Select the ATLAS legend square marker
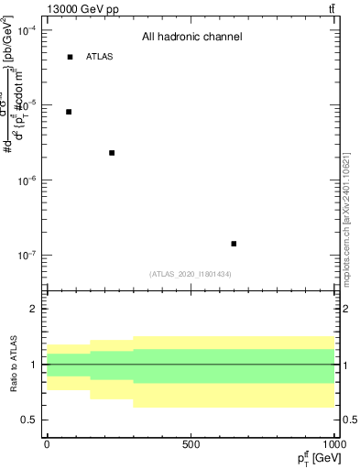click(x=70, y=57)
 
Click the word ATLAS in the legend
click(x=100, y=57)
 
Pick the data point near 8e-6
click(x=69, y=112)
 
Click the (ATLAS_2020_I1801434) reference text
click(x=191, y=274)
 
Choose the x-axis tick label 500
click(x=191, y=444)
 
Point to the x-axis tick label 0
click(x=47, y=444)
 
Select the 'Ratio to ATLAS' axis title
click(x=12, y=364)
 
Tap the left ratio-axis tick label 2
click(x=33, y=309)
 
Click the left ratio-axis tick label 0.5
click(x=29, y=420)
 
